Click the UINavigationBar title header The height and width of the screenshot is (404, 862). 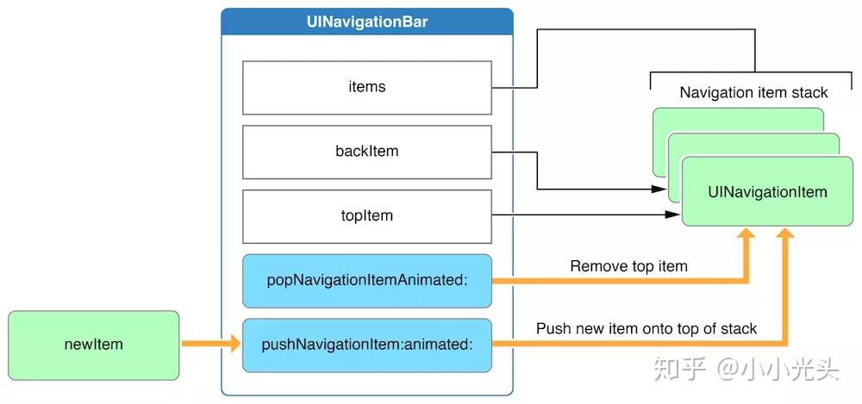(x=367, y=22)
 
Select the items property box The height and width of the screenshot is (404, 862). (x=367, y=87)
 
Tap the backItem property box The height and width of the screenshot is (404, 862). (x=367, y=152)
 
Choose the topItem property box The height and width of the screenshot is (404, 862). (x=367, y=216)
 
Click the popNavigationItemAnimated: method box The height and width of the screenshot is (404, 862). (x=367, y=281)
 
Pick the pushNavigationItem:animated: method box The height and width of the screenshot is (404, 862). (x=367, y=345)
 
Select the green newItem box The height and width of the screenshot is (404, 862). (x=93, y=345)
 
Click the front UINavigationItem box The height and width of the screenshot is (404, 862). (x=767, y=192)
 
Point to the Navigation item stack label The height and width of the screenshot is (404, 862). (x=753, y=92)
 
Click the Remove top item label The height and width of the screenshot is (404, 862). (x=628, y=266)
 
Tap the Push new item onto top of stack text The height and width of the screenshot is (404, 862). (x=646, y=329)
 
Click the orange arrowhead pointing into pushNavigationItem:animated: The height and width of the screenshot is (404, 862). (x=234, y=345)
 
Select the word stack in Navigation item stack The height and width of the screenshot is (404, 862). (x=809, y=92)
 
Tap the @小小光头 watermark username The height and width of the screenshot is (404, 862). (x=775, y=370)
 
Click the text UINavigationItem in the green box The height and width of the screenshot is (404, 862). (x=767, y=192)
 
